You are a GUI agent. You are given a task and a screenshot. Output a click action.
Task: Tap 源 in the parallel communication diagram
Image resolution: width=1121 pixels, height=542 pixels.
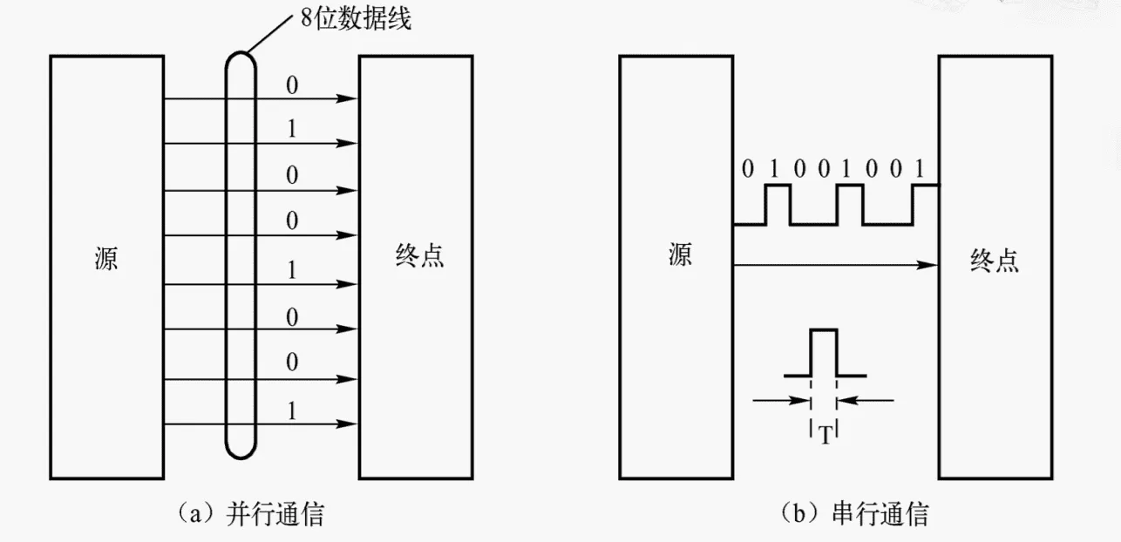point(106,259)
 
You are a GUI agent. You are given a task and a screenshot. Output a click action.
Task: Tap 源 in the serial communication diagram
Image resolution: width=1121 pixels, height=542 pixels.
point(680,255)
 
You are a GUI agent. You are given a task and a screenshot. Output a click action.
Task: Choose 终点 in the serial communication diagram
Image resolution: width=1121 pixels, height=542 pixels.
point(995,260)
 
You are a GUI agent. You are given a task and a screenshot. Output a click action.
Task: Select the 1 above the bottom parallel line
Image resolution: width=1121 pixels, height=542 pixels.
point(293,410)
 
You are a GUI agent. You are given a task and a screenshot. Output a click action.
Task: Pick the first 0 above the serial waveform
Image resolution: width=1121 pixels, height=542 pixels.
point(745,168)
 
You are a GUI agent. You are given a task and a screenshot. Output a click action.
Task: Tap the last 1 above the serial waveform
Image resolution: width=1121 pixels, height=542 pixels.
point(919,168)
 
